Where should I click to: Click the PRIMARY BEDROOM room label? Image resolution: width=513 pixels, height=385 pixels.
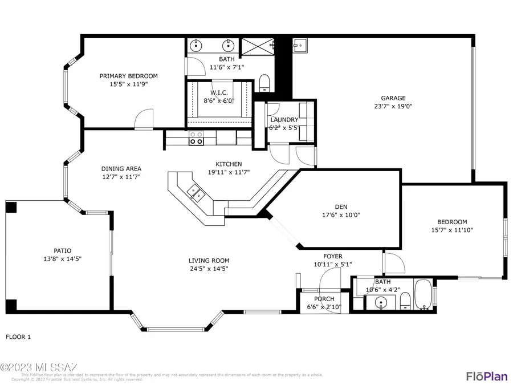[x=128, y=76]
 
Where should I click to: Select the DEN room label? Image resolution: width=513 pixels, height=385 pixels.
[x=341, y=206]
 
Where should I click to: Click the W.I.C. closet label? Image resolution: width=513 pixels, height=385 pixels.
[x=219, y=92]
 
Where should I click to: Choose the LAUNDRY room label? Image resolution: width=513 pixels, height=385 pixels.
[x=284, y=120]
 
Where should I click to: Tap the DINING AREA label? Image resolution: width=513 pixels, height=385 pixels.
[x=121, y=169]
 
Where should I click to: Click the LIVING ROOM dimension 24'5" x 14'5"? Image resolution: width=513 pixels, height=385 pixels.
[x=209, y=269]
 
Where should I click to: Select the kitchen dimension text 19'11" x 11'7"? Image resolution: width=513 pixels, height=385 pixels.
[x=228, y=172]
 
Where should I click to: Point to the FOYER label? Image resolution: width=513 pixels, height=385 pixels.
[x=333, y=257]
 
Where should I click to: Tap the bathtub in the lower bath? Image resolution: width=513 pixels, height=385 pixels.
[x=424, y=295]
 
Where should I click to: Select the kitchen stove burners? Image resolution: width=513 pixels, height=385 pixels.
[x=196, y=137]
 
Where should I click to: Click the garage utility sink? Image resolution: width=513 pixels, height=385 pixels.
[x=300, y=44]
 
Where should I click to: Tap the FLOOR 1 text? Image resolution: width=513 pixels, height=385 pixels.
[x=18, y=337]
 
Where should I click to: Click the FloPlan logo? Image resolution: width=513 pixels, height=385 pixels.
[x=486, y=376]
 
